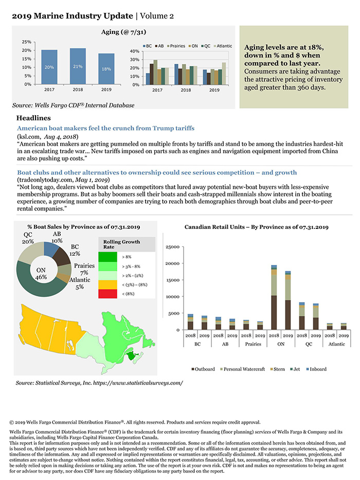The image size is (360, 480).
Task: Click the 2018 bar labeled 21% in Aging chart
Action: pyautogui.click(x=77, y=66)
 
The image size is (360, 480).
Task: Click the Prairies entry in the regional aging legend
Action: pyautogui.click(x=177, y=45)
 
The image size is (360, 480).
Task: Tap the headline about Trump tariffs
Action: pyautogui.click(x=105, y=128)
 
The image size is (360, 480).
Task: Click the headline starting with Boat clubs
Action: pyautogui.click(x=157, y=172)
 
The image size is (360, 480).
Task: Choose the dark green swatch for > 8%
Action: pyautogui.click(x=108, y=256)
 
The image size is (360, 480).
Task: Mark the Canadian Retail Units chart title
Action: pyautogui.click(x=256, y=227)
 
